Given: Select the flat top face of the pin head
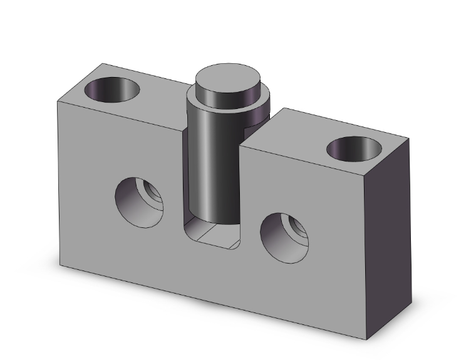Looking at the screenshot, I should (x=227, y=80).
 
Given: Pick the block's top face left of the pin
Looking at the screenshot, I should (x=144, y=100).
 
